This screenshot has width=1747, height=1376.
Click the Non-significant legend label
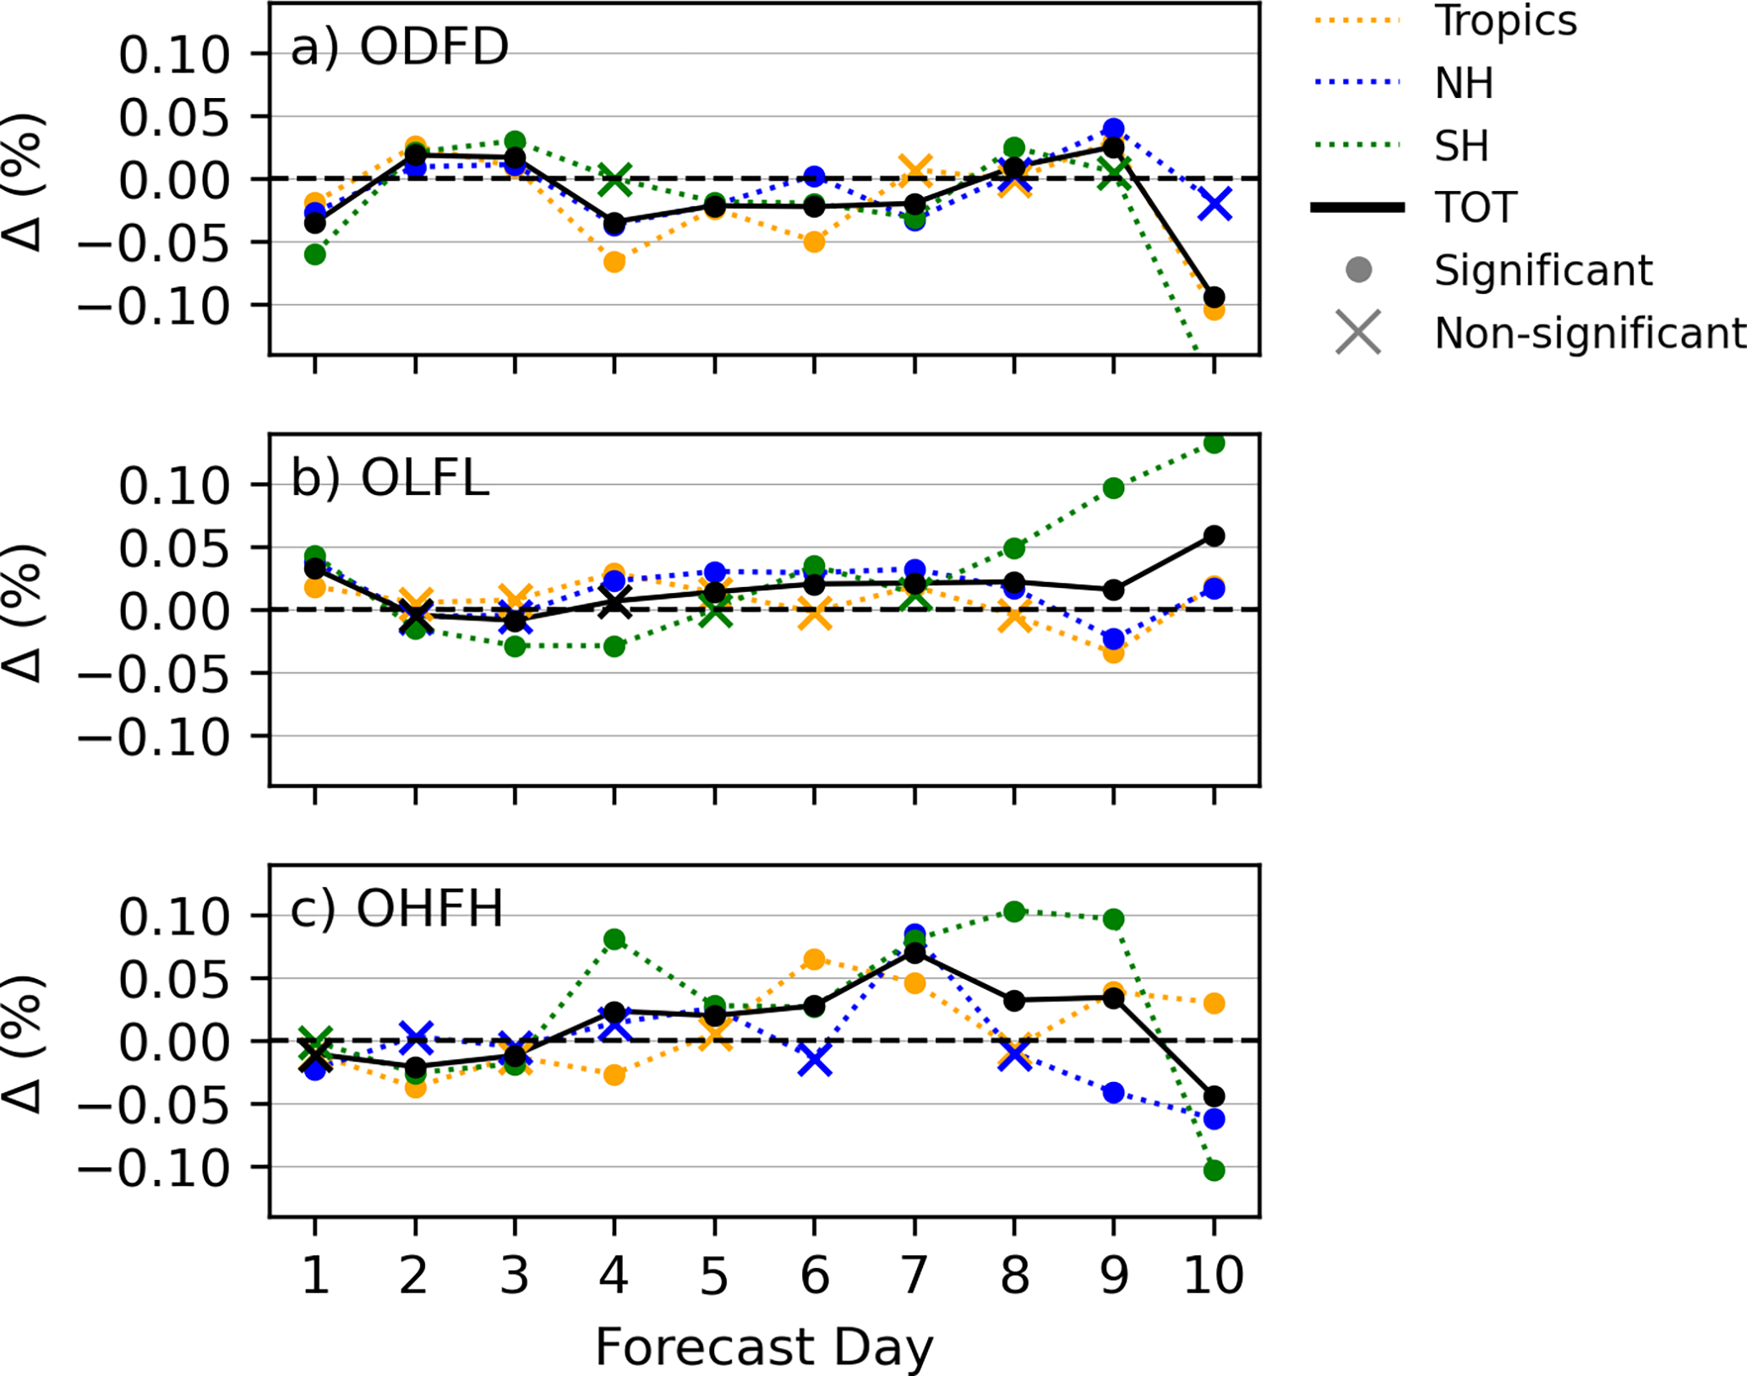(1589, 333)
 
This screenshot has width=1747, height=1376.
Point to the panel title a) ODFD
(400, 47)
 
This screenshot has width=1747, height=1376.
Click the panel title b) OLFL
(390, 478)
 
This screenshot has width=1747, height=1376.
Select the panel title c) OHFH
(396, 909)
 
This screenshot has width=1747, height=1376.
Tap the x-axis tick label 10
(1214, 1275)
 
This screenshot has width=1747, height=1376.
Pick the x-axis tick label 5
(714, 1275)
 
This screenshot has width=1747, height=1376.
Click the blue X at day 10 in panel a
(1215, 204)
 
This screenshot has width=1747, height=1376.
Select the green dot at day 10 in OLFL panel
(1214, 443)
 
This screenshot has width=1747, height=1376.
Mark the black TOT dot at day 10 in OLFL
(1214, 536)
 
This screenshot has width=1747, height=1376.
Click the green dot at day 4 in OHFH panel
(614, 939)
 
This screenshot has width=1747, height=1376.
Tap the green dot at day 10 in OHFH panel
(1214, 1170)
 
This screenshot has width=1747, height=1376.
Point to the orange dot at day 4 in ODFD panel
(614, 262)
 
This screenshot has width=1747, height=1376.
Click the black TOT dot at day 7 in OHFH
(914, 953)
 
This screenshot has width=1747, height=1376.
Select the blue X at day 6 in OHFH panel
(814, 1059)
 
